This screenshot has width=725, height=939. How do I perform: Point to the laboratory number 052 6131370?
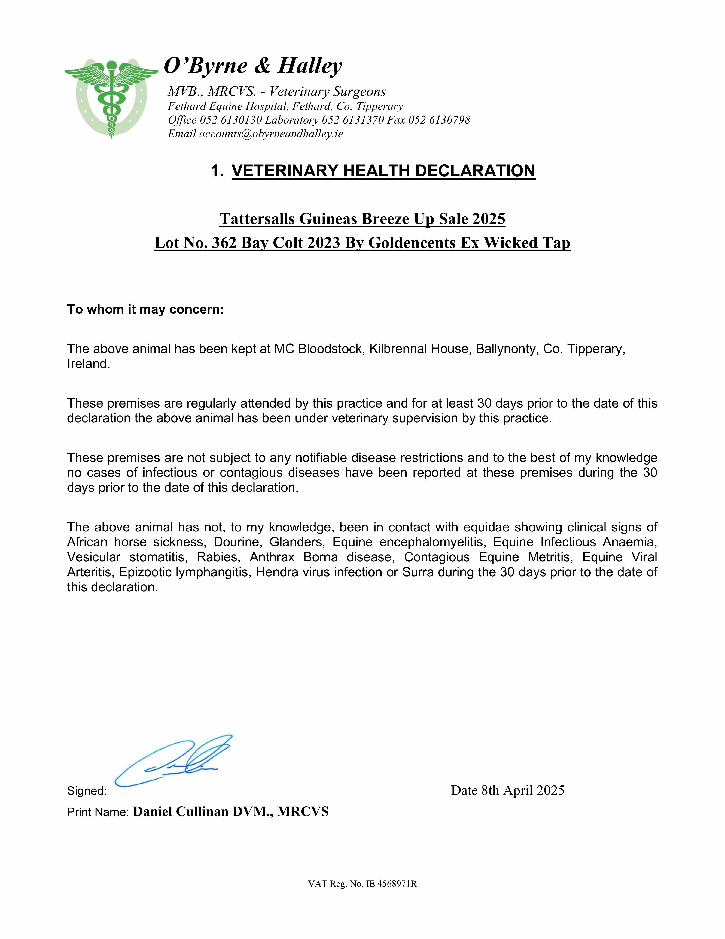(x=352, y=120)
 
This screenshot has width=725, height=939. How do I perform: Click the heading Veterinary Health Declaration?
(x=383, y=171)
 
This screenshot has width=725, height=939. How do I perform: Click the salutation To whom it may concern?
(x=145, y=309)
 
